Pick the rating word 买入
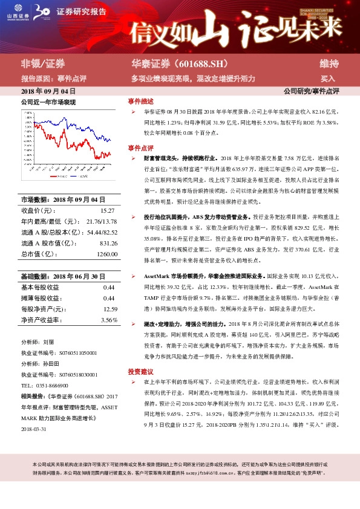click(328, 79)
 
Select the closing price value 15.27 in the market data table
click(107, 210)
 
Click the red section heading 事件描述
click(140, 102)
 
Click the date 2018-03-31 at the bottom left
click(35, 429)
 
